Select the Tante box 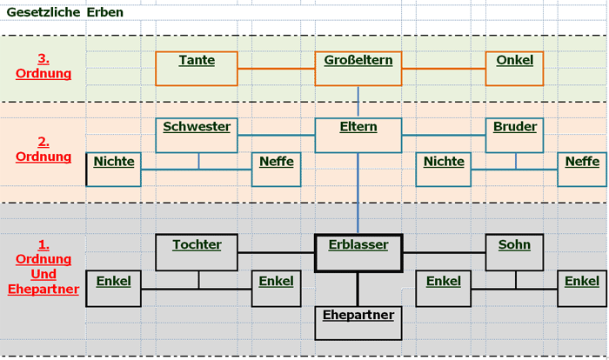[197, 69]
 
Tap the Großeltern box [358, 69]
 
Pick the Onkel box [514, 69]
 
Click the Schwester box [197, 135]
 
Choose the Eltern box [358, 135]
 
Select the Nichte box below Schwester [114, 169]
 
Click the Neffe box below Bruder [582, 169]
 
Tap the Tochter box [197, 252]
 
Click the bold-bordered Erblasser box [358, 252]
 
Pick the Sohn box [514, 252]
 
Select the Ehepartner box [358, 322]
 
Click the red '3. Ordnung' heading [43, 66]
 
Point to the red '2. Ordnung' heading [43, 149]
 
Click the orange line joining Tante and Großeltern [276, 68]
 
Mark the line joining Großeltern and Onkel [443, 68]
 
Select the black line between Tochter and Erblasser [276, 252]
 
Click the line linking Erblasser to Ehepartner [358, 290]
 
